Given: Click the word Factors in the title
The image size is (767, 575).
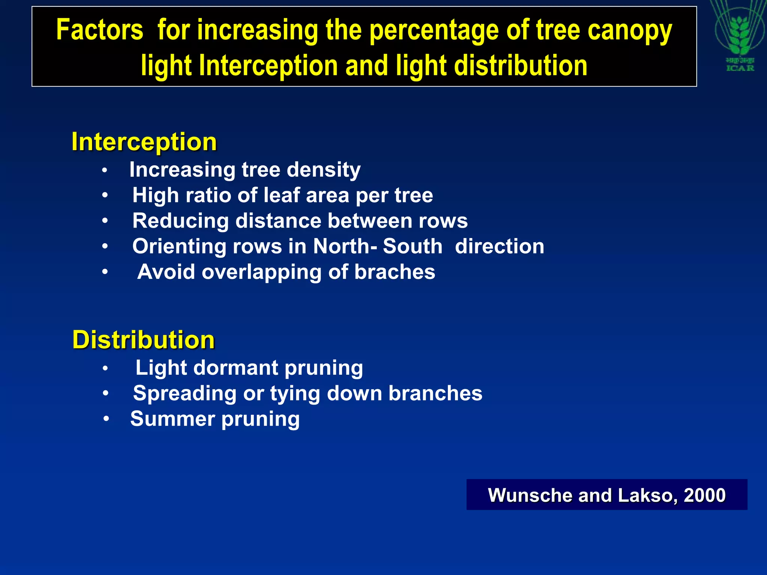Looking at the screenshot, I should click(x=100, y=30).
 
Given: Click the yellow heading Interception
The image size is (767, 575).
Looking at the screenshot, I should click(x=144, y=142).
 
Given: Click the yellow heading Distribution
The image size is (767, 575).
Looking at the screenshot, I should click(x=143, y=340).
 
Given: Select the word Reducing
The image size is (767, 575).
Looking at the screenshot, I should click(x=180, y=221).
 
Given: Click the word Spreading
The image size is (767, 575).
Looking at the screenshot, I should click(x=185, y=393).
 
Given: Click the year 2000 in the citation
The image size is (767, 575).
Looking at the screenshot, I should click(x=704, y=495).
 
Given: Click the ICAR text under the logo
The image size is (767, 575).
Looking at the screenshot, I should click(x=740, y=68).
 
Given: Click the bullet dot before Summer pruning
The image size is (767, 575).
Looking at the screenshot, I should click(x=106, y=419).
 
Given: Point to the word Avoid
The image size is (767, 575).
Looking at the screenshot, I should click(x=166, y=272).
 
